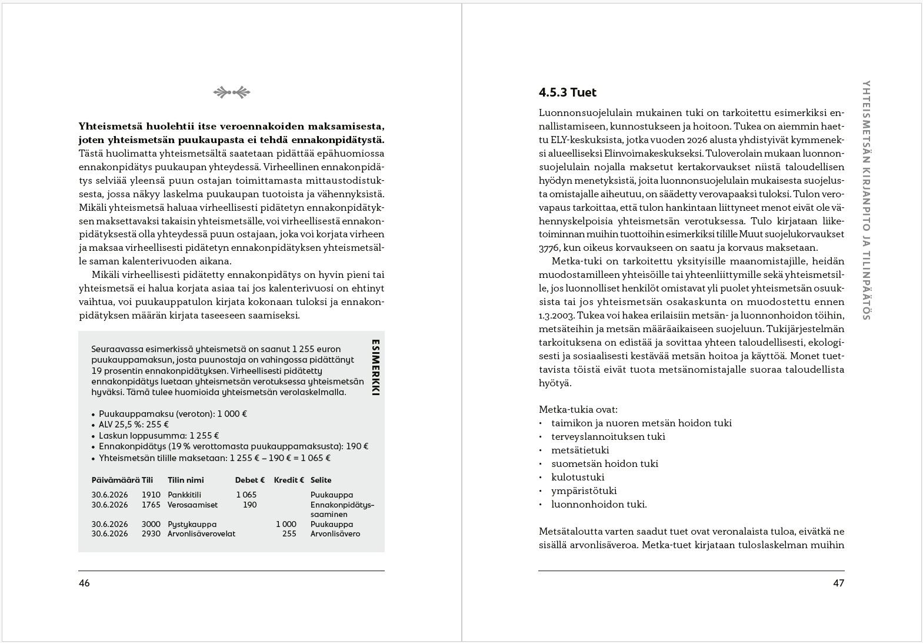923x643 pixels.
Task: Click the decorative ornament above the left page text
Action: (231, 92)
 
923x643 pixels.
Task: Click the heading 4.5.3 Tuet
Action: (567, 92)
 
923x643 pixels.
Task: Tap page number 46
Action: (84, 584)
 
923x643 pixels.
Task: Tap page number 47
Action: (838, 584)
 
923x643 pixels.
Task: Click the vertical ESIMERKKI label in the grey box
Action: (375, 371)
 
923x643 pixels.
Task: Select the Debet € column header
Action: (250, 480)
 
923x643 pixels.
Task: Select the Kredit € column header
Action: (289, 480)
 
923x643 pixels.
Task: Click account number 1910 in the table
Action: (151, 495)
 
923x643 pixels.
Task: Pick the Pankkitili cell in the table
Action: (184, 495)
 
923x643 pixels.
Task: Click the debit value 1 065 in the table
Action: (246, 495)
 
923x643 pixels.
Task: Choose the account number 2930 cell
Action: (151, 534)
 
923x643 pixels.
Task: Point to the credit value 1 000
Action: (286, 524)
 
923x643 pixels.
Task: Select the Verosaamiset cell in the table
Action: (192, 505)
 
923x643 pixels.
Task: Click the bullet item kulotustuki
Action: (578, 477)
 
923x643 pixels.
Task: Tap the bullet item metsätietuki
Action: (580, 450)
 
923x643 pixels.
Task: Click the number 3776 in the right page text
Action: (551, 248)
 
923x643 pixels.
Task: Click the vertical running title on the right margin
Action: (865, 200)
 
